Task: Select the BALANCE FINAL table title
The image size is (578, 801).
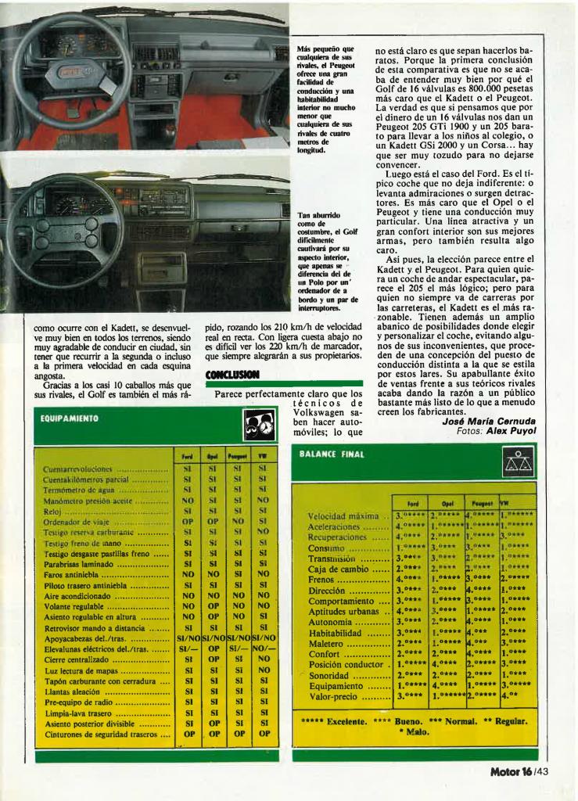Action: [x=332, y=454]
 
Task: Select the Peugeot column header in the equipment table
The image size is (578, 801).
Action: [x=237, y=455]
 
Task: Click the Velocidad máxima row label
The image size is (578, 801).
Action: [x=345, y=516]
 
